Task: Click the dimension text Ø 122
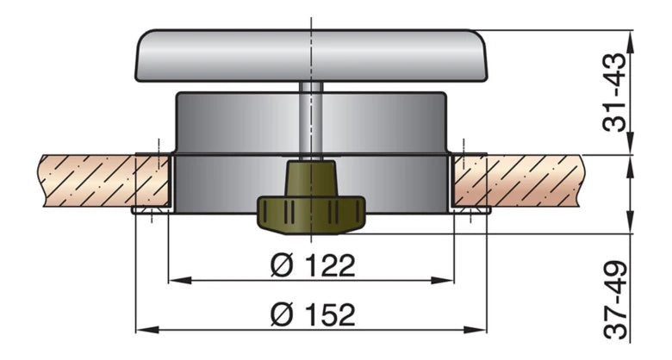[x=312, y=265]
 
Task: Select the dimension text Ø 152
[x=312, y=314]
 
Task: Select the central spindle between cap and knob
[x=312, y=121]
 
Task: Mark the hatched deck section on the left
[x=86, y=180]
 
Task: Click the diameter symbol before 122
[x=282, y=265]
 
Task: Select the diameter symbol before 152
[x=282, y=314]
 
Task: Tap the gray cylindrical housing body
[x=233, y=125]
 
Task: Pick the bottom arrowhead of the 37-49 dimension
[x=635, y=344]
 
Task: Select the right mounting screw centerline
[x=471, y=181]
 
